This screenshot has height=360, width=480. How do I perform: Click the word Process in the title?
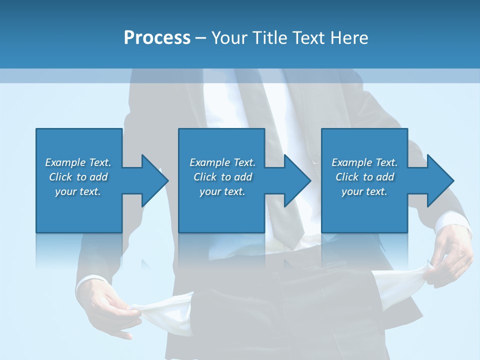[157, 38]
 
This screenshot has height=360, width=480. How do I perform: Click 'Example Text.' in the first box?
[78, 162]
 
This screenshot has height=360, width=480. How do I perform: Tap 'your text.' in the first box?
[78, 191]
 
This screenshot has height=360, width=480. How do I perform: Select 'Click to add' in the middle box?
[222, 177]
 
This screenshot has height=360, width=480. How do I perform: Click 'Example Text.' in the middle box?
[222, 162]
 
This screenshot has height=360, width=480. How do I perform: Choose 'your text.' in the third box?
[364, 191]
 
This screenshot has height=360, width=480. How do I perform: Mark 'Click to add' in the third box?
[364, 177]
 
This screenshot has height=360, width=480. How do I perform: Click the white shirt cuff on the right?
[452, 222]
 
